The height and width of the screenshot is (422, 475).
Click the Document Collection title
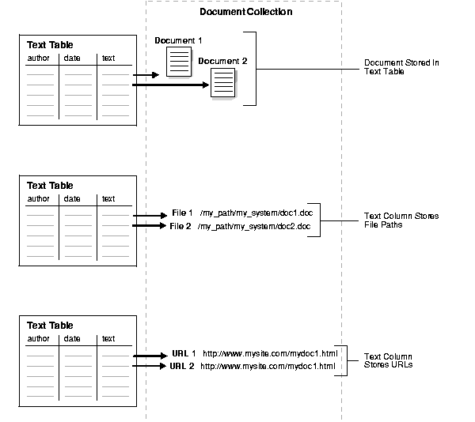click(245, 12)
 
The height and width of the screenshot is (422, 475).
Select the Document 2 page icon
click(223, 82)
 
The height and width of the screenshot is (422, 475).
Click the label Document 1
click(178, 40)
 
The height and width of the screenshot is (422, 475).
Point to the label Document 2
click(222, 61)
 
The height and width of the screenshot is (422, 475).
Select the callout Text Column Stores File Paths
click(401, 220)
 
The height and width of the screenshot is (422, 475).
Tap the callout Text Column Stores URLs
click(388, 361)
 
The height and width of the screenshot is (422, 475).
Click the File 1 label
click(181, 213)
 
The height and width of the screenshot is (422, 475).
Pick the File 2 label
click(181, 226)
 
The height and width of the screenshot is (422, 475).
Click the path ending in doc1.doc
click(249, 213)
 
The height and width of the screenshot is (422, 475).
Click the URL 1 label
click(183, 354)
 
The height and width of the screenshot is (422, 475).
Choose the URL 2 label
click(183, 366)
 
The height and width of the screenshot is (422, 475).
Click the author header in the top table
click(38, 58)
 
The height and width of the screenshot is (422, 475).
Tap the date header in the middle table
click(72, 198)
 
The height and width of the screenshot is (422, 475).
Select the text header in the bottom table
click(108, 339)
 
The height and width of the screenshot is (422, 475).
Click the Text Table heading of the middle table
click(50, 186)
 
